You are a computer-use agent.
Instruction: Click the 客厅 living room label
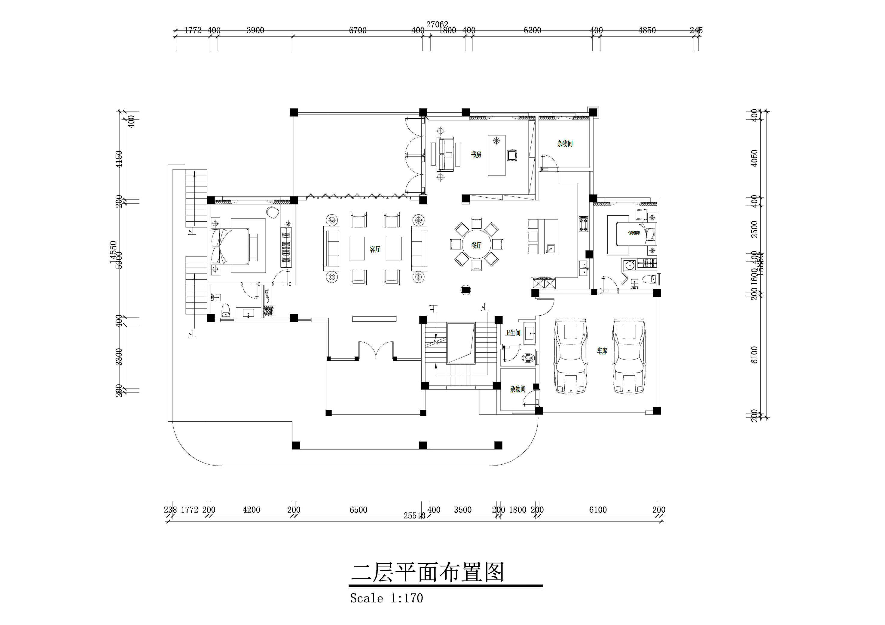pos(375,249)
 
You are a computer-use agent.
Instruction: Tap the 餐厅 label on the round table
pos(476,245)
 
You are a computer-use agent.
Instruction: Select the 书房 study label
pos(476,154)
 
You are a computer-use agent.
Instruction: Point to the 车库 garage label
pos(602,351)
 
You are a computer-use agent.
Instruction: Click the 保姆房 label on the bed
pos(634,233)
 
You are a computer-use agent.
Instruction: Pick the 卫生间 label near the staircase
pos(513,332)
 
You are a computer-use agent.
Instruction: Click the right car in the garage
pos(629,356)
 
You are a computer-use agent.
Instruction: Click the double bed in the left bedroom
pos(230,246)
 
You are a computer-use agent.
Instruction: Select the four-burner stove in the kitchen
pos(584,224)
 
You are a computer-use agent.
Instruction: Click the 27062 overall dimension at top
pos(437,24)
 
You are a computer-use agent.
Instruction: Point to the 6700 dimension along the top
pos(358,30)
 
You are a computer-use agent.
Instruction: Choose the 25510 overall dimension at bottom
pos(414,516)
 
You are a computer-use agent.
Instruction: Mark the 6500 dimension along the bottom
pos(358,510)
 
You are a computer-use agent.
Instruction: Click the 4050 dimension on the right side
pos(754,158)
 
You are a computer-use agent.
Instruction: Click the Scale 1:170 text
pos(386,598)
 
